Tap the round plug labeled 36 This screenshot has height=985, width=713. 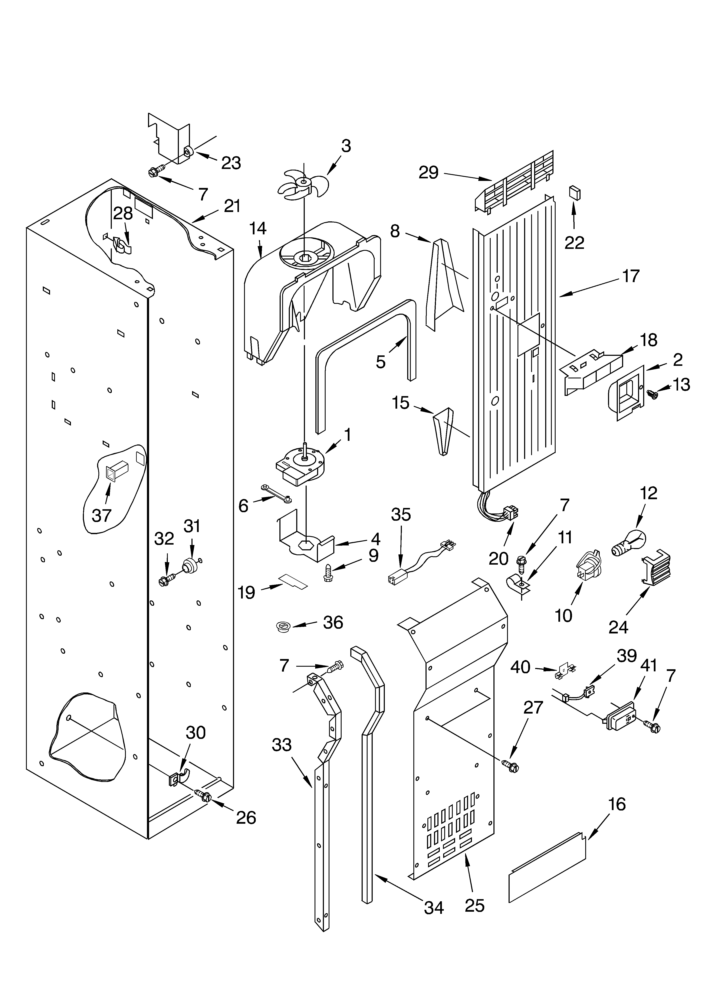pos(283,627)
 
